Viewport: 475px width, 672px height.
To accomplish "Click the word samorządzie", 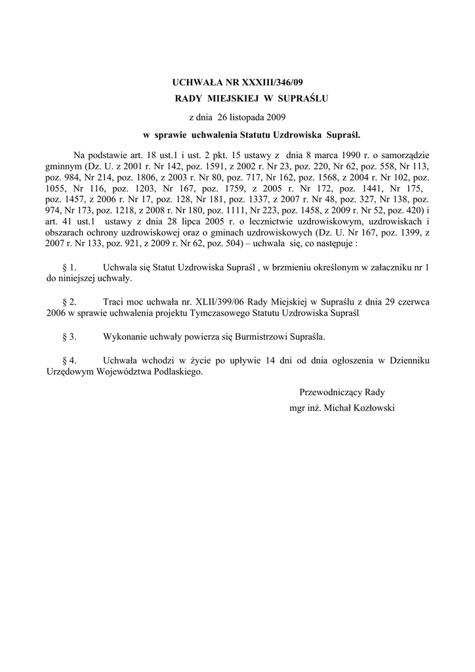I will [x=404, y=155].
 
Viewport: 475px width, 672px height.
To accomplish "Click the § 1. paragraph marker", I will [x=69, y=268].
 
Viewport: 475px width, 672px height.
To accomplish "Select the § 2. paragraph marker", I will [x=69, y=302].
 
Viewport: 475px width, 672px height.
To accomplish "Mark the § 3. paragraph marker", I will [x=69, y=337].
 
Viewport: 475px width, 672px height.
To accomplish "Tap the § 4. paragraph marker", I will [x=69, y=360].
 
